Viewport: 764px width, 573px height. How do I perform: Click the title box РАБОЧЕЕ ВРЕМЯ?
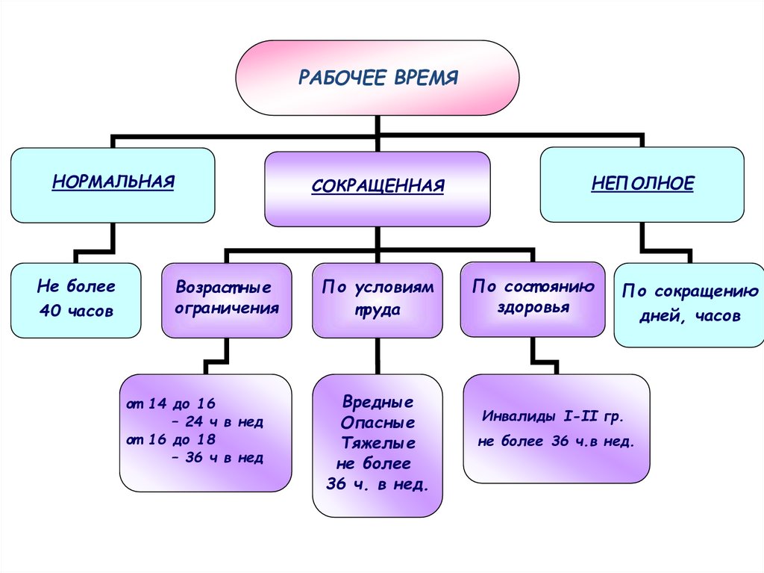[378, 78]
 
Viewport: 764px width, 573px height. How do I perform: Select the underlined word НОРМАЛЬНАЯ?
[113, 182]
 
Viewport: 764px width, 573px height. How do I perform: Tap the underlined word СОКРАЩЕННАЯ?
[378, 185]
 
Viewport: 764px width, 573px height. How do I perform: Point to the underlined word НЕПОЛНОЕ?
[642, 183]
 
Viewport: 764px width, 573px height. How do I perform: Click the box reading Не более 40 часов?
[76, 299]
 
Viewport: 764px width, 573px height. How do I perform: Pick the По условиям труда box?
[378, 299]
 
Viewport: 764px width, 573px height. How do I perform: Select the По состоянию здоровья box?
[533, 297]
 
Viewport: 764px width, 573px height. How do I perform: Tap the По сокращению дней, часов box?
[689, 304]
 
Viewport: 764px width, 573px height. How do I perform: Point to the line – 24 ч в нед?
[217, 422]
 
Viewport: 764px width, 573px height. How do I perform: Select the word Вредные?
[377, 403]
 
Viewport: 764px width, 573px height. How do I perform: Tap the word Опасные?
[377, 423]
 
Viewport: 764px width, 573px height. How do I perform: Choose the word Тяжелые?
[377, 443]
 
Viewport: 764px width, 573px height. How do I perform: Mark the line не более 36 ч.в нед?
[556, 442]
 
